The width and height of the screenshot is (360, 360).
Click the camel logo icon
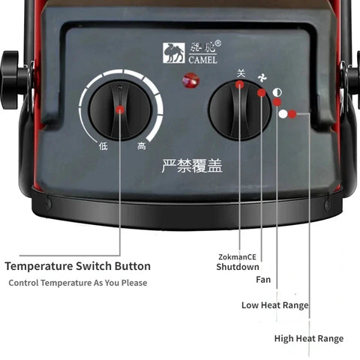173,52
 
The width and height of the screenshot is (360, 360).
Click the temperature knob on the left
120,109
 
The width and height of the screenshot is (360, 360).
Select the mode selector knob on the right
238,109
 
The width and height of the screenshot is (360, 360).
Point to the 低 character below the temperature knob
103,146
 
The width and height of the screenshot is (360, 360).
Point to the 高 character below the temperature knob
141,146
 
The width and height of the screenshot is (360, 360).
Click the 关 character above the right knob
241,73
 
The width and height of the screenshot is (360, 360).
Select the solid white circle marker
283,115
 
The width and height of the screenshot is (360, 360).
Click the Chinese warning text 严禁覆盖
192,166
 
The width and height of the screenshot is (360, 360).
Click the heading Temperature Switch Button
78,266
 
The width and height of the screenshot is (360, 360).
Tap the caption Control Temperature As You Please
78,283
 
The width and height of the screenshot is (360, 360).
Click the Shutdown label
238,266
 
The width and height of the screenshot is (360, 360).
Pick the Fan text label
262,280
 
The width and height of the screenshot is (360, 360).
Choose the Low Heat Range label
274,305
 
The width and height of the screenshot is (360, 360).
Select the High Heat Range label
308,339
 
